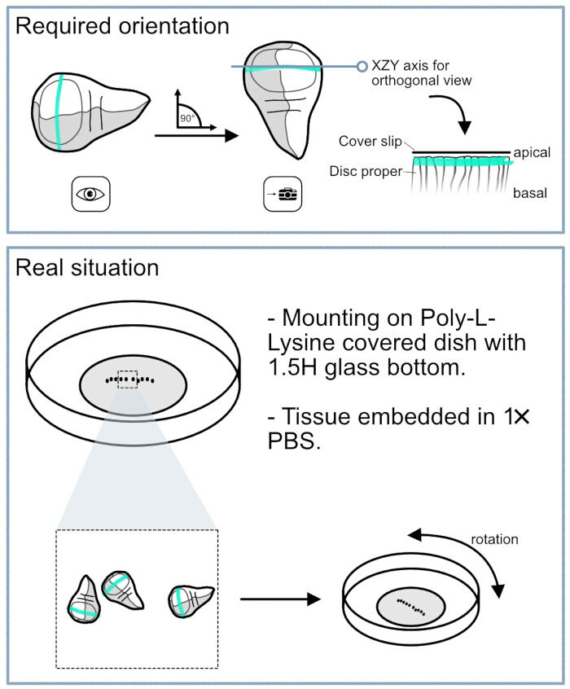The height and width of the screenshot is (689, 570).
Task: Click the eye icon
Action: pyautogui.click(x=90, y=194)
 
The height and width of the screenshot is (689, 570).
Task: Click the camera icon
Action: pyautogui.click(x=283, y=194)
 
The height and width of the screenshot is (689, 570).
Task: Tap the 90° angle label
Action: pyautogui.click(x=187, y=118)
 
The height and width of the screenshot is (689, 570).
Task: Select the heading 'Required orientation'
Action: pyautogui.click(x=122, y=26)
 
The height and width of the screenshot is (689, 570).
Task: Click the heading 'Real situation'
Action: pyautogui.click(x=87, y=268)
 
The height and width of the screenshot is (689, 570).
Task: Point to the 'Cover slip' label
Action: pyautogui.click(x=370, y=141)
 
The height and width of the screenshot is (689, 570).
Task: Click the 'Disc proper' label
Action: pyautogui.click(x=366, y=171)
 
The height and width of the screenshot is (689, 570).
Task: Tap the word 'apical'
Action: pyautogui.click(x=532, y=152)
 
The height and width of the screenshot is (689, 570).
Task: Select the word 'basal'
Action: pyautogui.click(x=530, y=193)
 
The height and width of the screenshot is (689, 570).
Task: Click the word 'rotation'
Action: pyautogui.click(x=494, y=539)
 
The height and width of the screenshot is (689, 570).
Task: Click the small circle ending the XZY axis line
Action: pyautogui.click(x=362, y=66)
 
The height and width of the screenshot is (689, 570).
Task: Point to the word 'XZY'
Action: pyautogui.click(x=385, y=65)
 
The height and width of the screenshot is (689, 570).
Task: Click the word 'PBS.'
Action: pyautogui.click(x=294, y=441)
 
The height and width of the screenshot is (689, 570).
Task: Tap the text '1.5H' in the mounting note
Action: pyautogui.click(x=292, y=367)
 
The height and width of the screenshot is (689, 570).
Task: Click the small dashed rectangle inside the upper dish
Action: pyautogui.click(x=128, y=380)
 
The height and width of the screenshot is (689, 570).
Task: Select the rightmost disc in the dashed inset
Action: pyautogui.click(x=191, y=601)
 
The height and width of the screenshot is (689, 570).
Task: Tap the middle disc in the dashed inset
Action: pyautogui.click(x=122, y=590)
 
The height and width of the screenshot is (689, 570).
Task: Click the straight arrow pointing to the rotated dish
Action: pyautogui.click(x=280, y=599)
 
